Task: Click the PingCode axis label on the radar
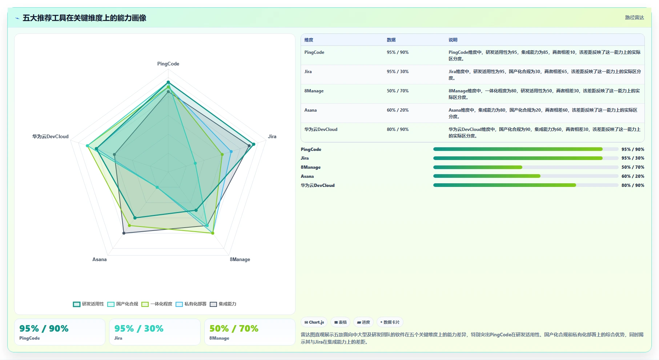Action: click(x=168, y=64)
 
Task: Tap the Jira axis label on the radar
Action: click(x=272, y=136)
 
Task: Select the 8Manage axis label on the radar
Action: click(x=240, y=259)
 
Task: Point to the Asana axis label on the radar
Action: click(x=99, y=259)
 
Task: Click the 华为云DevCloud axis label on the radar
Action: click(x=50, y=136)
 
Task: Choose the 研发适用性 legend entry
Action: click(x=88, y=304)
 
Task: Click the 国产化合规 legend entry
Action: click(x=122, y=304)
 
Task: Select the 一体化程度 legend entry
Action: click(x=157, y=304)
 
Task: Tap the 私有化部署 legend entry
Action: click(x=191, y=304)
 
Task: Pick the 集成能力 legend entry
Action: click(x=223, y=304)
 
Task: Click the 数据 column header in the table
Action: click(x=391, y=40)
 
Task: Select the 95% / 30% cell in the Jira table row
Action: click(x=398, y=72)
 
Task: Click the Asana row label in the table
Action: click(x=310, y=110)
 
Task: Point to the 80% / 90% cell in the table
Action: click(x=398, y=129)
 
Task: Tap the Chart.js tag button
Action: click(x=314, y=322)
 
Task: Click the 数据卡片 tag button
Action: click(x=390, y=322)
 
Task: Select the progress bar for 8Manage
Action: click(x=526, y=167)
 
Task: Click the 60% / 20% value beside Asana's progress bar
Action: click(x=633, y=176)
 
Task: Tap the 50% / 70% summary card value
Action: click(x=234, y=329)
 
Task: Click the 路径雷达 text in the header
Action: click(x=634, y=17)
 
